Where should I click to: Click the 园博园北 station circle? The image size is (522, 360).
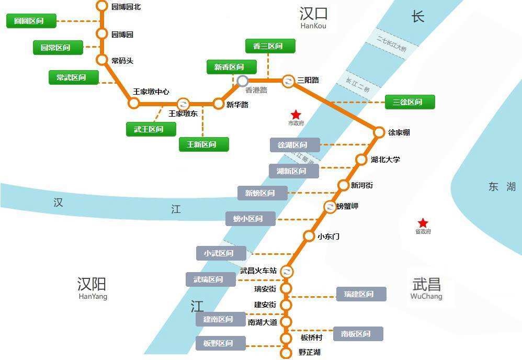(x=102, y=6)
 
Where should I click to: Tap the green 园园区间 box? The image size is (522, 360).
(x=31, y=21)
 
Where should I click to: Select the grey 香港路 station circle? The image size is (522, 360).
(x=243, y=81)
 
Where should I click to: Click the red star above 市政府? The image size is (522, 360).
(x=296, y=114)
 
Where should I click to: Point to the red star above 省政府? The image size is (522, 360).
(x=423, y=223)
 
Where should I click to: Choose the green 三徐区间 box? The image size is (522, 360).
(x=410, y=102)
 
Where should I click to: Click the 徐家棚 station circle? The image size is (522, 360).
(x=379, y=132)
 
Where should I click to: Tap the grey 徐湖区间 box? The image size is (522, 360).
(x=294, y=145)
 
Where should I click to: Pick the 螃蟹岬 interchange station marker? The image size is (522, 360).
(x=330, y=207)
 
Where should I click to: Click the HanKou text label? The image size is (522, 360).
(x=313, y=26)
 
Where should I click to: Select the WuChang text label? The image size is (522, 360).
(x=426, y=296)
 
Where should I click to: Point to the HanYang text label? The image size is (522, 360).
(x=93, y=296)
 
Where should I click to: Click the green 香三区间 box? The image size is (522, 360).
(x=270, y=46)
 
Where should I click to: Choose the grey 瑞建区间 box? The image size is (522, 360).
(x=361, y=294)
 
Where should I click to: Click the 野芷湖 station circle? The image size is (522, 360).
(x=286, y=353)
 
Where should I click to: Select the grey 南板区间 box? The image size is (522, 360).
(x=358, y=334)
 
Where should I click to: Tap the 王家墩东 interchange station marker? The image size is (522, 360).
(x=183, y=104)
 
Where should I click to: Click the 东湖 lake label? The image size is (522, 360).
(x=502, y=187)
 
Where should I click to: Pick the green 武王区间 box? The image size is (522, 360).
(x=151, y=129)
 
